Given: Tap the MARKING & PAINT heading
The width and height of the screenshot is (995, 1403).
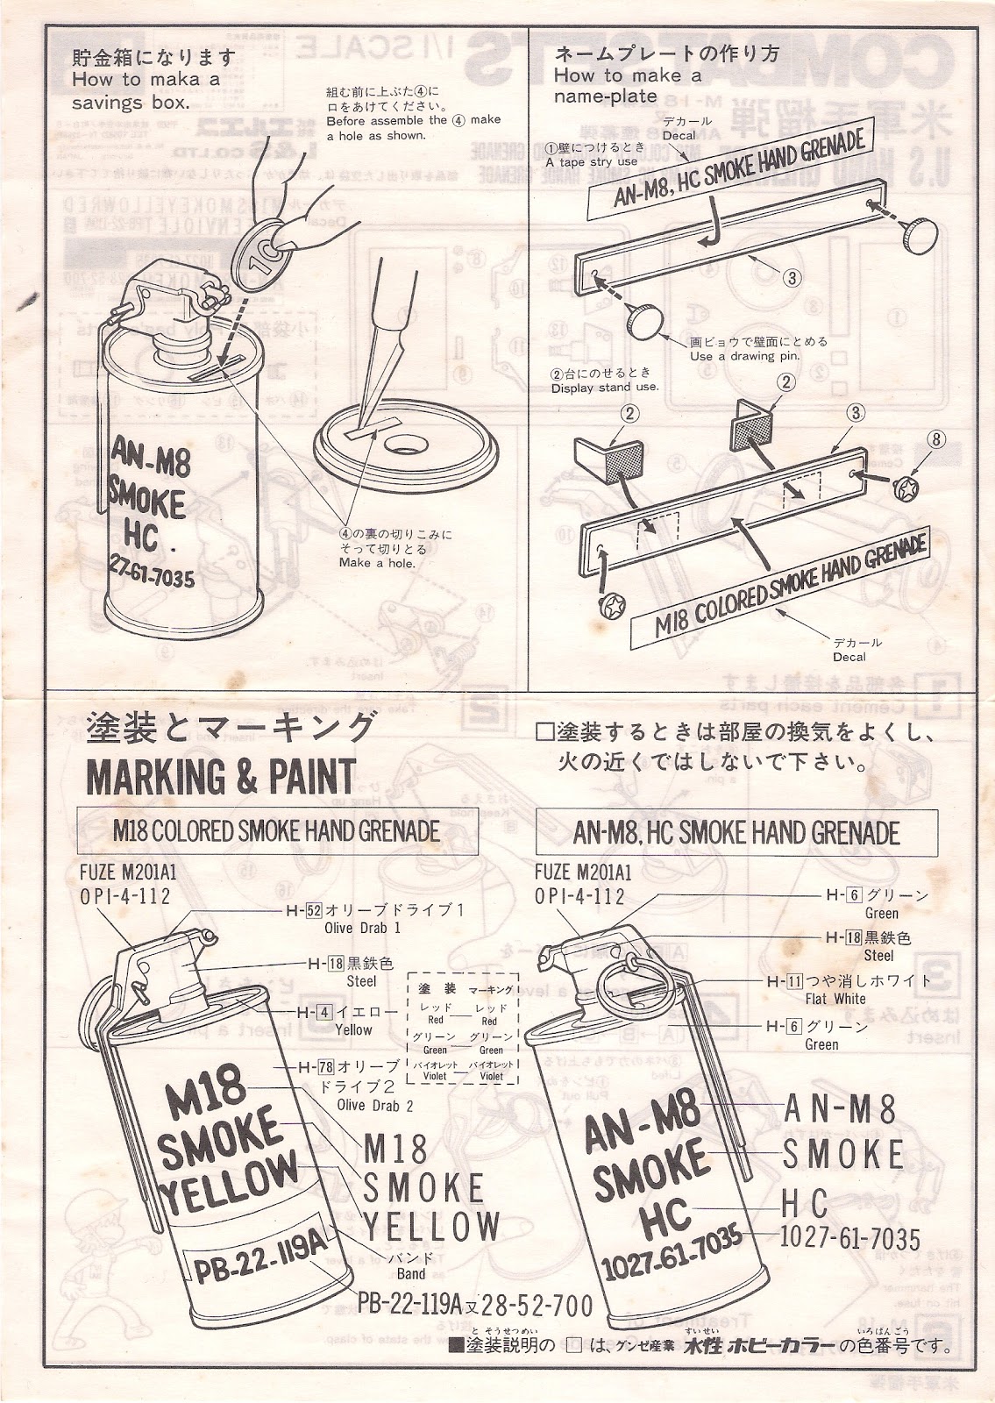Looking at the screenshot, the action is tap(220, 775).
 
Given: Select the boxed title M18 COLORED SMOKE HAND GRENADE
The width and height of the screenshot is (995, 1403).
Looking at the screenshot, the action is tap(276, 830).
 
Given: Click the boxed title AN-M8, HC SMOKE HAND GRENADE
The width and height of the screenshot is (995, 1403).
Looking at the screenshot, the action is tap(736, 832).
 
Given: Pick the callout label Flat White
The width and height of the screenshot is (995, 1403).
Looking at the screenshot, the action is tap(835, 999).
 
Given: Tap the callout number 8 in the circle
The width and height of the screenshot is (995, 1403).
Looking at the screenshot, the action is tap(937, 439).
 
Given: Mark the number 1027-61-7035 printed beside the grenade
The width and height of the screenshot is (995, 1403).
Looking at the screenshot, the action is tap(850, 1238).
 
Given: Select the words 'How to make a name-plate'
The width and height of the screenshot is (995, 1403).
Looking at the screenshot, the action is tap(627, 86).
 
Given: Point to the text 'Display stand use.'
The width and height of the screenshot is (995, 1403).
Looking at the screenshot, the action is tap(605, 387).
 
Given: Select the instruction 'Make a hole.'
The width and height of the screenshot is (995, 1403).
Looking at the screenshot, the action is tap(377, 562).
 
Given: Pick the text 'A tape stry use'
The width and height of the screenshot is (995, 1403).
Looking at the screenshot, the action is tap(591, 162).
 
